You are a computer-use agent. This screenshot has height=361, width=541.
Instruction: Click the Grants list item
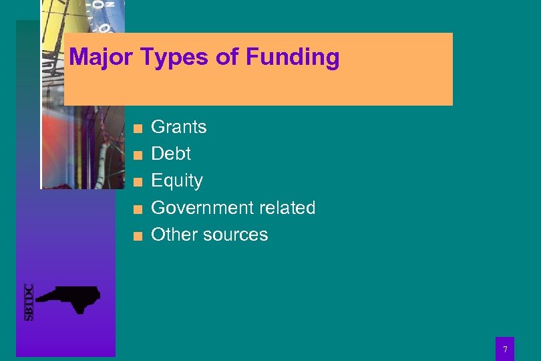[x=179, y=126]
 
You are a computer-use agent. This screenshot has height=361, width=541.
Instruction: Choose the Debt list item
[x=171, y=153]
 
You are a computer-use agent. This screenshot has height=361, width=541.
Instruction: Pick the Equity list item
[x=177, y=180]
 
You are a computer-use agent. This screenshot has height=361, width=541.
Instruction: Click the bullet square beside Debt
[x=137, y=155]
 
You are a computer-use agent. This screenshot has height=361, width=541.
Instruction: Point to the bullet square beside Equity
[x=137, y=182]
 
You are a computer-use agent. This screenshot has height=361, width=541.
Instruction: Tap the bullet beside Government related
[x=137, y=209]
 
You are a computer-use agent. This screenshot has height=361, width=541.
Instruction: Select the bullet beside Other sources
[x=137, y=236]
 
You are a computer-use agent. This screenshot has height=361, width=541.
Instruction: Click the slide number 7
[x=505, y=350]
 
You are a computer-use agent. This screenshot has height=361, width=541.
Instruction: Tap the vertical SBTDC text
[x=29, y=302]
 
